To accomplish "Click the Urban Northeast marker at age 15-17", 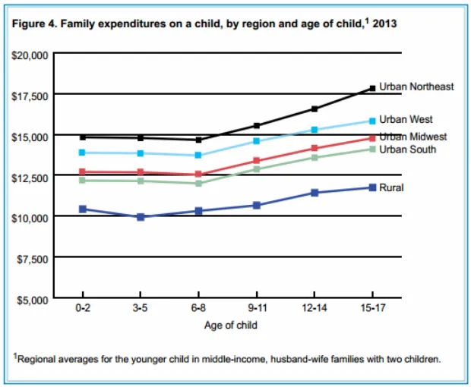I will [372, 88].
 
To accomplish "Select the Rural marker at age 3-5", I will [141, 217].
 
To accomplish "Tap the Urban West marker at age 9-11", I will [257, 141].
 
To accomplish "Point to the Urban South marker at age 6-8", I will [199, 183].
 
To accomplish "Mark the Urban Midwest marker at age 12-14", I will [315, 149].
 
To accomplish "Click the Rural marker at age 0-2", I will [82, 209].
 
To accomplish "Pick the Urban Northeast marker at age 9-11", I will [257, 125].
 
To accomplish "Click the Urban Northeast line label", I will [416, 87].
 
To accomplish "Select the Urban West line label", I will [406, 120].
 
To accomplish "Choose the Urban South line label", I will [408, 149].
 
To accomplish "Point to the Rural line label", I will [391, 187].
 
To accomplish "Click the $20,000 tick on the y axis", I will [30, 55].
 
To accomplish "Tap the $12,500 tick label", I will [30, 177].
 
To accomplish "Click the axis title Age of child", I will [231, 326].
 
